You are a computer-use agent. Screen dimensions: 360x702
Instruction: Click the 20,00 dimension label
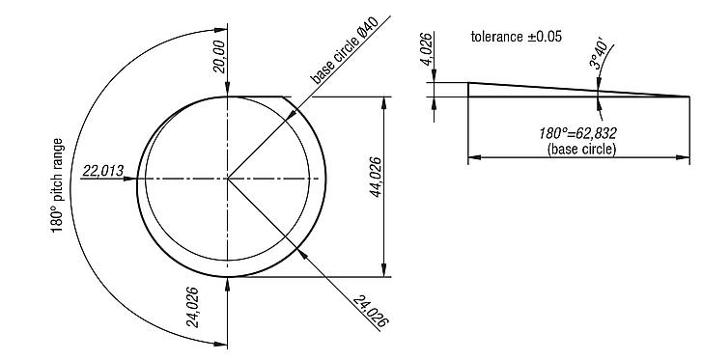220,55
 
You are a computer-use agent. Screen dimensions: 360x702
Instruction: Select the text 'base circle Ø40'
350,49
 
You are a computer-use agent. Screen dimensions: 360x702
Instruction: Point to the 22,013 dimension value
103,171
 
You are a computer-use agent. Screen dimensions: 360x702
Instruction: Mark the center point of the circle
228,179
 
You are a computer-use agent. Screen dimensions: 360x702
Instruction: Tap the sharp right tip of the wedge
688,97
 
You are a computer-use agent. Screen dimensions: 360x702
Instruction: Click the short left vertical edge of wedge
468,90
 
